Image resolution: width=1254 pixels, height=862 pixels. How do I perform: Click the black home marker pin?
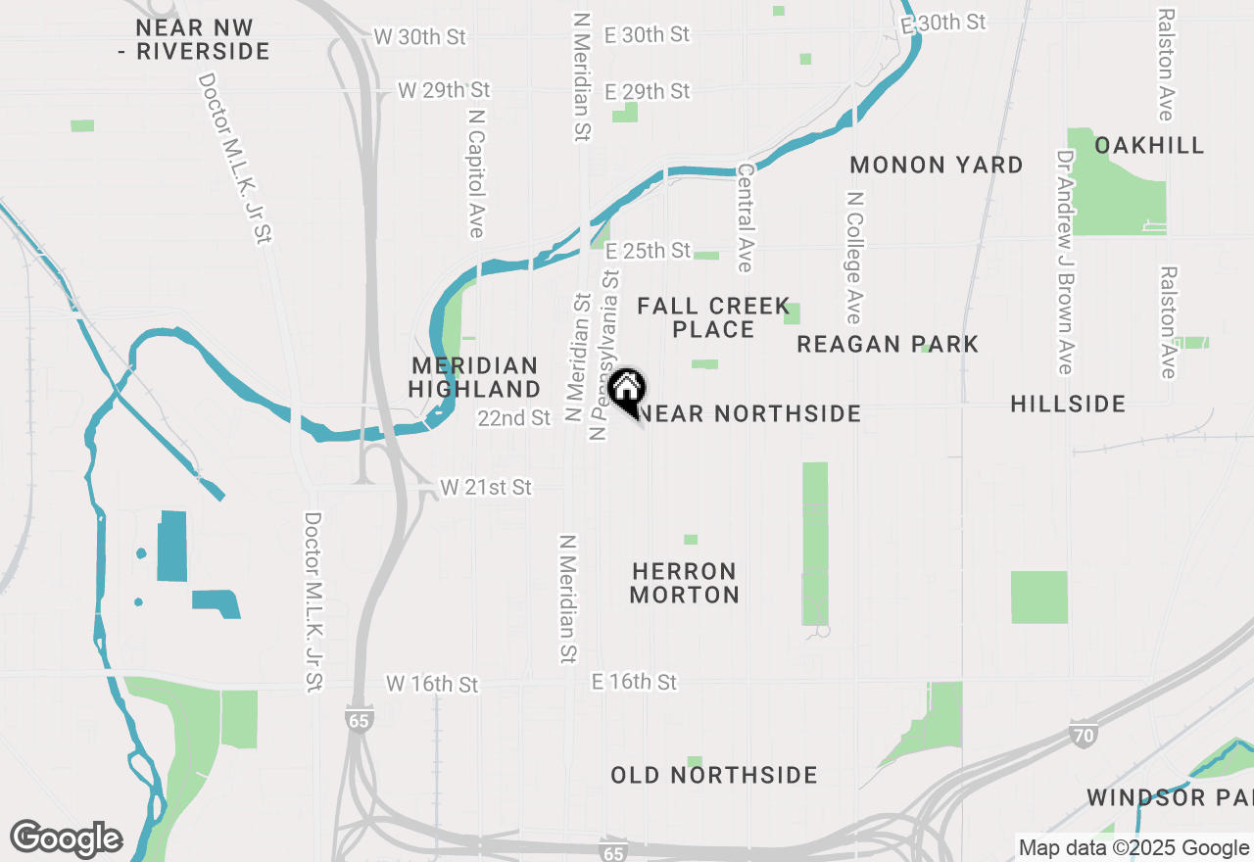[626, 391]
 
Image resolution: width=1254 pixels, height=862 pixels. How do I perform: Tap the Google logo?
[67, 838]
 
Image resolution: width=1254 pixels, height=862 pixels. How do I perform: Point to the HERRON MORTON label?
[685, 583]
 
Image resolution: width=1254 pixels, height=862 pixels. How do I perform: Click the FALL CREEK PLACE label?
[713, 318]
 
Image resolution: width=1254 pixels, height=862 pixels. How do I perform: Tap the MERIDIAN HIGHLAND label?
[474, 377]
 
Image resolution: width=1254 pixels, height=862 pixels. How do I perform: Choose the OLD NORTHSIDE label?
[714, 776]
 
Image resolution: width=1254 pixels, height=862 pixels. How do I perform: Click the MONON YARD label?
[937, 165]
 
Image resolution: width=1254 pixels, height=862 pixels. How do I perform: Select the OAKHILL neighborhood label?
[1149, 146]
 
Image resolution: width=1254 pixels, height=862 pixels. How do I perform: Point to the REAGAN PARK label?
[888, 344]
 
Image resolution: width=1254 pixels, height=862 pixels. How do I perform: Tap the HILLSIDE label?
[1068, 404]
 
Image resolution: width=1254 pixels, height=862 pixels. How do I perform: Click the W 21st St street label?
[486, 487]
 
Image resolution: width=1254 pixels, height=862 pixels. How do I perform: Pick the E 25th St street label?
[649, 251]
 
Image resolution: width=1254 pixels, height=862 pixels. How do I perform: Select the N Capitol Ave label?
[476, 172]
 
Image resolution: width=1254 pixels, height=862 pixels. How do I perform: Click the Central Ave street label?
[745, 217]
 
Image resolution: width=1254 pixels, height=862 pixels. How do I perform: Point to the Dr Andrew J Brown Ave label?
[1065, 262]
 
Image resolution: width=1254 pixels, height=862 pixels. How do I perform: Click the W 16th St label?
[433, 683]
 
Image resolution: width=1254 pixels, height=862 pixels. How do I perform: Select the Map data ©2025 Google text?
[1133, 848]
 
